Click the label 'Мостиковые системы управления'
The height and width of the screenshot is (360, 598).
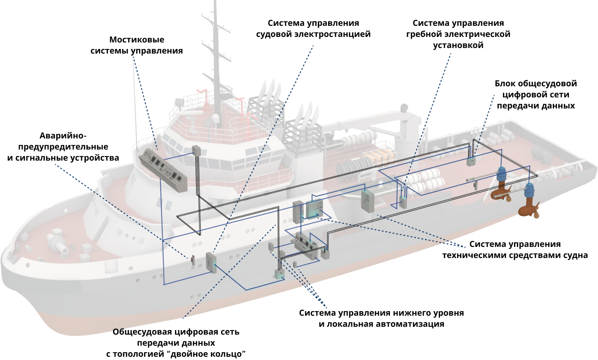(x=137, y=45)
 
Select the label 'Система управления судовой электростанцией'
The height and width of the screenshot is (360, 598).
(x=313, y=29)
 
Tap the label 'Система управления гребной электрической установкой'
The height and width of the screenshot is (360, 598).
(x=458, y=34)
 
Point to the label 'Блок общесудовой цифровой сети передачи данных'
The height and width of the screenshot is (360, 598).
(x=536, y=95)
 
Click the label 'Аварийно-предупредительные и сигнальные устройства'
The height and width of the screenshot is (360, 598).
(x=63, y=147)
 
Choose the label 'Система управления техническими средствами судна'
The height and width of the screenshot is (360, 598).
(x=515, y=249)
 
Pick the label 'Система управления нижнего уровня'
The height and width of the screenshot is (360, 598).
(x=381, y=313)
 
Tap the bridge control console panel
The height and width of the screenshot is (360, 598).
(x=163, y=170)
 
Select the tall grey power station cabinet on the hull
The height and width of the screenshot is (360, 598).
(x=211, y=263)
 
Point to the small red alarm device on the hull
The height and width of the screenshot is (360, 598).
(x=193, y=260)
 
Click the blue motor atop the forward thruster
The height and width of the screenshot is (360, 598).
(x=501, y=174)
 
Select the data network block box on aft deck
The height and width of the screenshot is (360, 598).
(x=471, y=161)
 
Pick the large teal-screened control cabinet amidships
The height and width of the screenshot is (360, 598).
(x=314, y=208)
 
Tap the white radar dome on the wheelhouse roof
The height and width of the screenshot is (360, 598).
(x=215, y=117)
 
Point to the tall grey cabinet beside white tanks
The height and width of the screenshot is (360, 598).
(x=368, y=201)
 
